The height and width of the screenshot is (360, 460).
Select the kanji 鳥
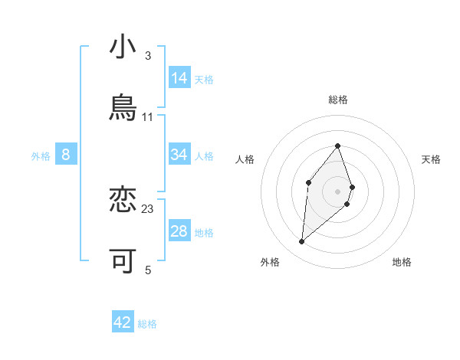click(x=123, y=108)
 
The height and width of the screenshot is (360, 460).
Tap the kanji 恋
click(x=123, y=201)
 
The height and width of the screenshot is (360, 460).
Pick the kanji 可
click(x=123, y=261)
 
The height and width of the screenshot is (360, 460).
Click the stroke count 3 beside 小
click(x=147, y=56)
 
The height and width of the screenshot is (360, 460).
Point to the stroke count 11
click(x=148, y=116)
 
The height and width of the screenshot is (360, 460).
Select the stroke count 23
click(x=148, y=208)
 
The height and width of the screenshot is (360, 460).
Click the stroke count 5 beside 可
click(x=147, y=270)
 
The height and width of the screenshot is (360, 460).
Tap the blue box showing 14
click(x=179, y=78)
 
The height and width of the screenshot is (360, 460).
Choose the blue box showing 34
click(x=179, y=155)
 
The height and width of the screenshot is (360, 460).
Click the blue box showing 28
click(x=179, y=231)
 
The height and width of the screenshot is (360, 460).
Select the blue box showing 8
click(x=66, y=155)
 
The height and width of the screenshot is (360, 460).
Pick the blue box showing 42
click(x=123, y=322)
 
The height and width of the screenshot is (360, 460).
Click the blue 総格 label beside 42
click(x=147, y=324)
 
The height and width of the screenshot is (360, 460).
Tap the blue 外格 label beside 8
click(x=41, y=156)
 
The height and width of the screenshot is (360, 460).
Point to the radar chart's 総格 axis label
click(x=338, y=100)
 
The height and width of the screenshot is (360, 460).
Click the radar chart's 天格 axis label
click(x=432, y=159)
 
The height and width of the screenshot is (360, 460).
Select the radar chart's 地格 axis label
click(x=402, y=262)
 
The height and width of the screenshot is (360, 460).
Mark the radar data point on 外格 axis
click(x=302, y=241)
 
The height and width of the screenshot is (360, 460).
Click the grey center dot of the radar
click(x=338, y=191)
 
